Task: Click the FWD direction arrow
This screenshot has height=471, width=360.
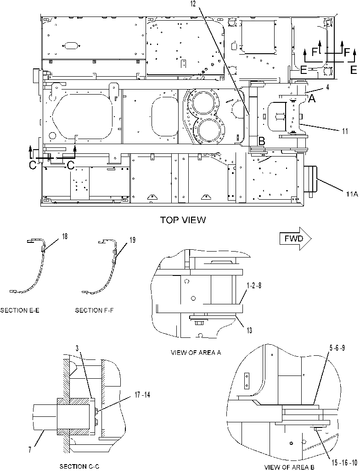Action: [296, 239]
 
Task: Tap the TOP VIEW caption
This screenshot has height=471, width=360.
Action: [183, 220]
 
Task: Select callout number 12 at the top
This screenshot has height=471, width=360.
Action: [192, 4]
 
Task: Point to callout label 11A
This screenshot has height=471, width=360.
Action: [351, 194]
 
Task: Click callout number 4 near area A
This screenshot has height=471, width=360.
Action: [327, 87]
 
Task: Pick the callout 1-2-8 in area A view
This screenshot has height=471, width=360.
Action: [253, 286]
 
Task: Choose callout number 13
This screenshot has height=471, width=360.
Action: [249, 331]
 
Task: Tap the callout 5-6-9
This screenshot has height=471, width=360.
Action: [337, 348]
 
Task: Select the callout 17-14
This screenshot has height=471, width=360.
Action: [142, 395]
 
